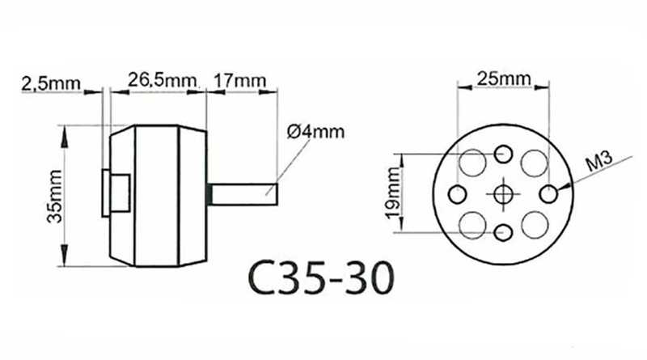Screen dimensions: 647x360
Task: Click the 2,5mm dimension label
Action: pos(51,84)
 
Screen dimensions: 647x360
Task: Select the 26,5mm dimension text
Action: pos(162,79)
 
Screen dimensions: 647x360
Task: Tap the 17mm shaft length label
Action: pos(239,80)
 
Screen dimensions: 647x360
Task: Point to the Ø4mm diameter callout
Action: pos(315,132)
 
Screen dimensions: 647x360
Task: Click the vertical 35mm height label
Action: pos(55,196)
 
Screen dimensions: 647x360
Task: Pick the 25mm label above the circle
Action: pos(504,78)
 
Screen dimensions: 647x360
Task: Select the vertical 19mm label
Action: pos(394,193)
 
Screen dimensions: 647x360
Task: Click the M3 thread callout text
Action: pos(599,162)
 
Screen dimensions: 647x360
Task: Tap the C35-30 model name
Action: pos(321,277)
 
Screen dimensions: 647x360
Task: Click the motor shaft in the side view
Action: pos(243,194)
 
